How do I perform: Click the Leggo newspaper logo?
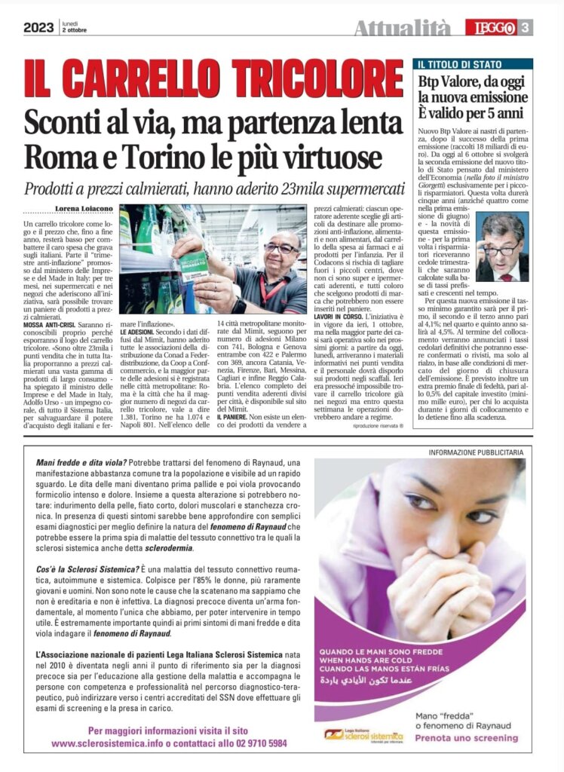(495, 29)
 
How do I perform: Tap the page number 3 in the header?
(526, 29)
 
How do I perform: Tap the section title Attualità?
(402, 29)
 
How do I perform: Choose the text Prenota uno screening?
(467, 738)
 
